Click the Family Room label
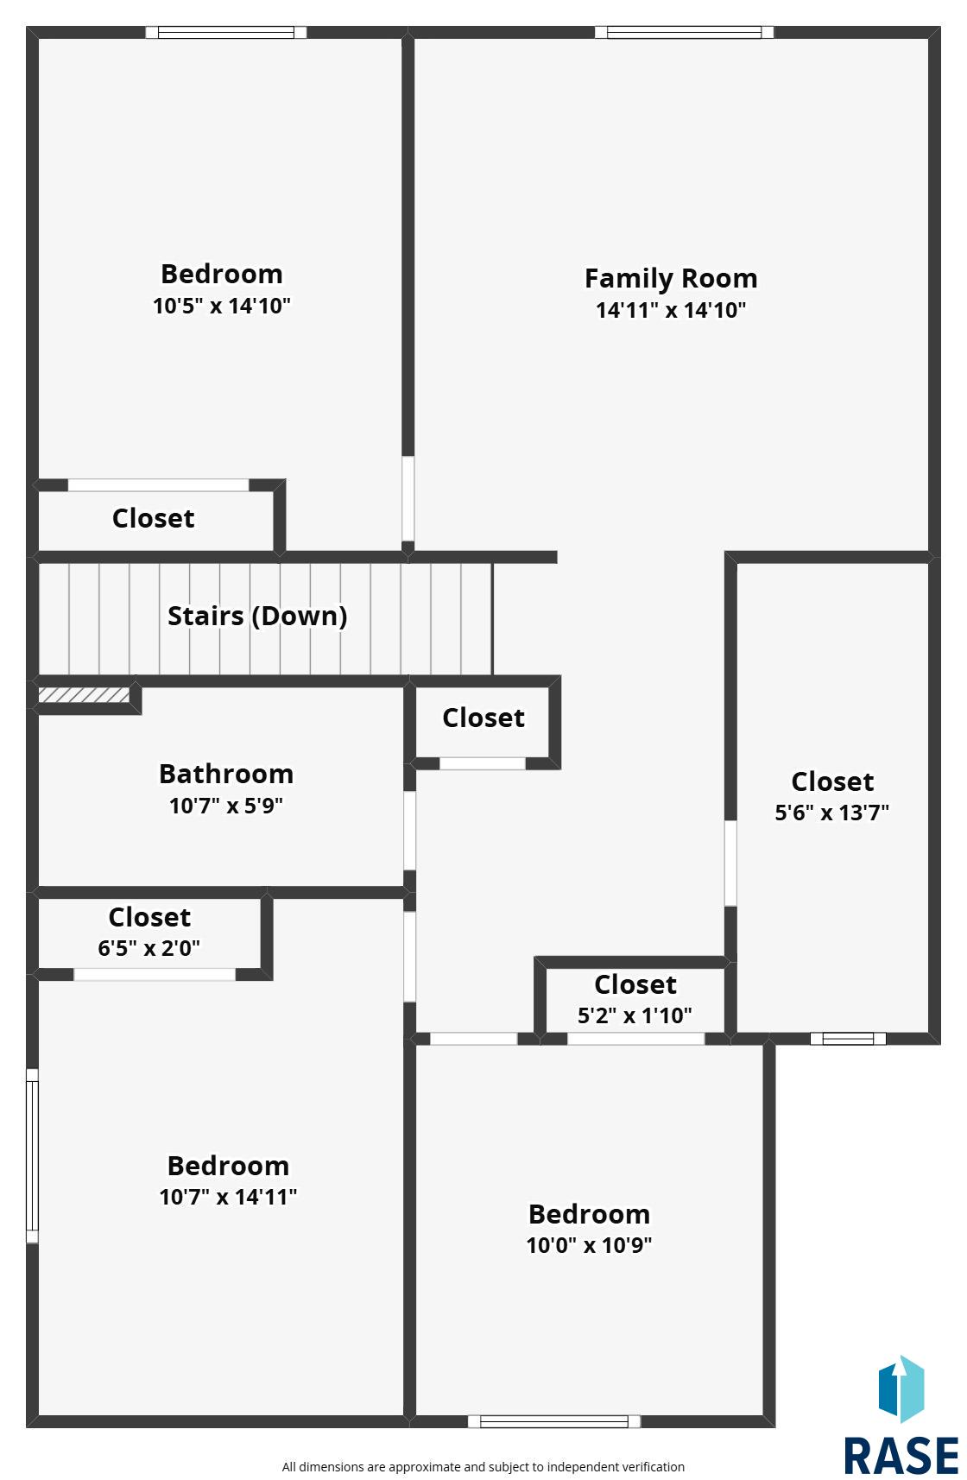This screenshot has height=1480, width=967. [671, 278]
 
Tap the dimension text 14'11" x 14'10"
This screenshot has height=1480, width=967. [671, 310]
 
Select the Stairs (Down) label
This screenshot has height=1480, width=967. [257, 616]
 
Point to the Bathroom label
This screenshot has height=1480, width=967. [226, 774]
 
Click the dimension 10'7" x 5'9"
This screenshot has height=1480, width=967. [226, 806]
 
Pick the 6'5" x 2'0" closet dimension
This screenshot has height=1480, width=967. [149, 948]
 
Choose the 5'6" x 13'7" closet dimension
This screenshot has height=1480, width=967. [831, 812]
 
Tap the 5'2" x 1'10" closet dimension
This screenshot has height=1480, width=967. [635, 1015]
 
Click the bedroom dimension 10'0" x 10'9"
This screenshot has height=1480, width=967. [589, 1245]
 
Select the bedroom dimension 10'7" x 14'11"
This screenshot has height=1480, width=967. [228, 1197]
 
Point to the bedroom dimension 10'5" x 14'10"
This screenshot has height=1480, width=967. [221, 306]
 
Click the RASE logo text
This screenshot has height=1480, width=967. [901, 1456]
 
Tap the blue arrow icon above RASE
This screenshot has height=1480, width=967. [901, 1388]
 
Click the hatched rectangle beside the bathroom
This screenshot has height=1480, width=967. [83, 695]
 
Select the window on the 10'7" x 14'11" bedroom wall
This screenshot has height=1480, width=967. [32, 1155]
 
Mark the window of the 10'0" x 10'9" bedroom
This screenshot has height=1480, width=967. [553, 1421]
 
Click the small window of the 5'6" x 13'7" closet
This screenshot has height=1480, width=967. [848, 1039]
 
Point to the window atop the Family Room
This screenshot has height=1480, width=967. [684, 32]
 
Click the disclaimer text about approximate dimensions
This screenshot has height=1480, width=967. [483, 1467]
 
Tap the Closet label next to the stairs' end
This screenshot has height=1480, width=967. [483, 718]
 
